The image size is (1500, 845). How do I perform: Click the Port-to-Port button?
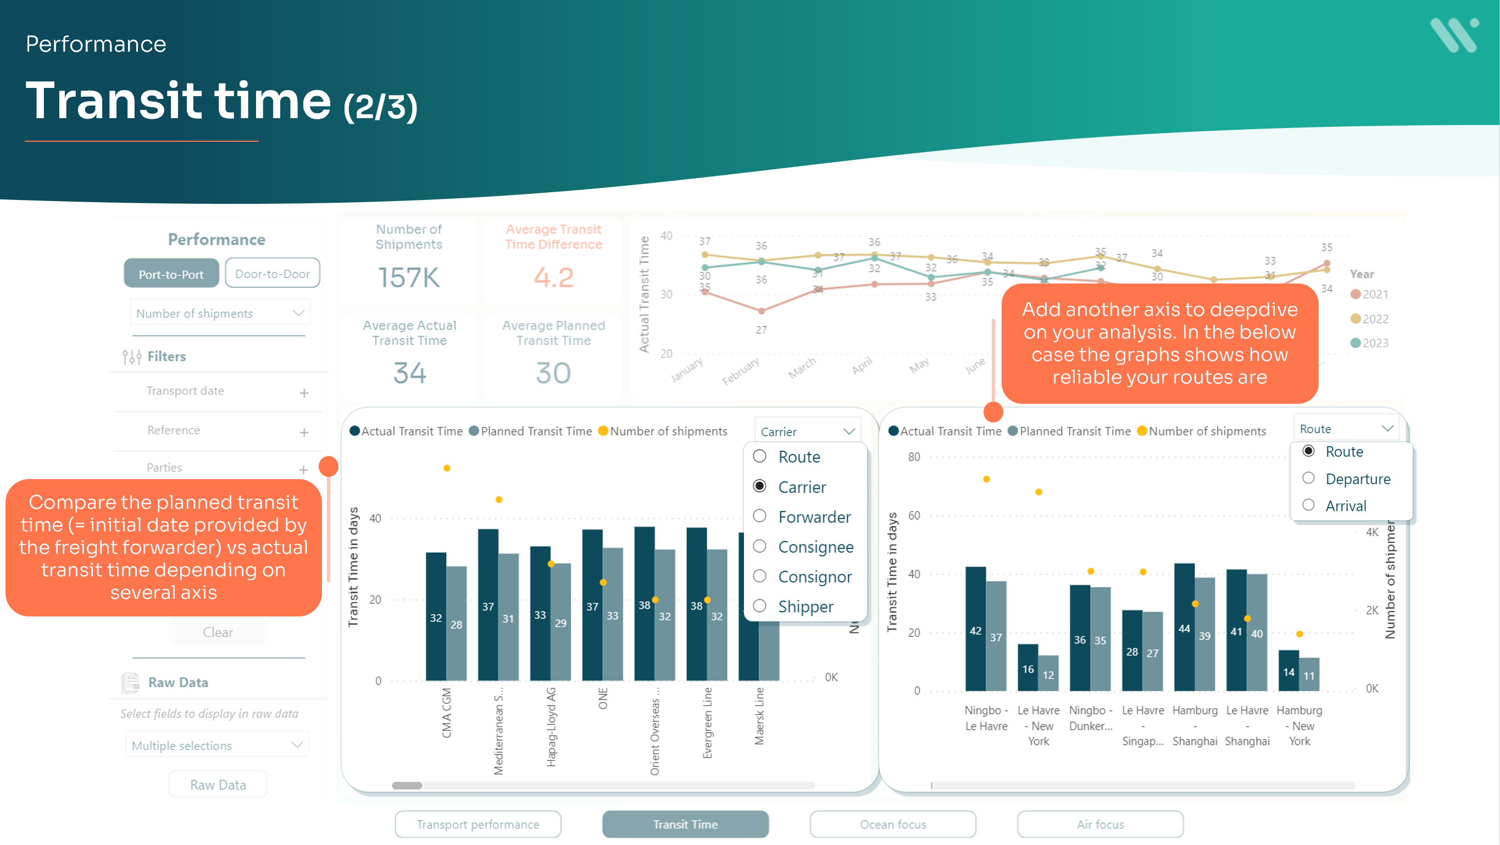pos(171,274)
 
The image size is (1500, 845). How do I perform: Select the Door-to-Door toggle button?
pos(272,274)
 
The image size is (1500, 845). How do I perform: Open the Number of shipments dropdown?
pos(220,313)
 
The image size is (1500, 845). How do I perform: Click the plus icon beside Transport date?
pos(304,393)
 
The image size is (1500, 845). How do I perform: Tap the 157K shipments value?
pos(408,277)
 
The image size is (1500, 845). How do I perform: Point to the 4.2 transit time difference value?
pos(553,277)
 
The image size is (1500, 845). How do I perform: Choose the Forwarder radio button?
pos(760,516)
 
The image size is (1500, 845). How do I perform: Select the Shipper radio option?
pos(760,605)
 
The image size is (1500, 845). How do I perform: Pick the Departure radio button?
pos(1308,478)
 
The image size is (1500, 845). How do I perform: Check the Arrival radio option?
pos(1308,505)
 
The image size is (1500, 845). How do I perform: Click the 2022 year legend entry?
pos(1369,319)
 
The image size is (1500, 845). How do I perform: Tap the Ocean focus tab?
pos(892,824)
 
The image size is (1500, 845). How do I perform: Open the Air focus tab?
pos(1099,824)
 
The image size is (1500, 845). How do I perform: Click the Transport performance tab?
pos(477,824)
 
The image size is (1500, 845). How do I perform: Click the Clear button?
pos(218,632)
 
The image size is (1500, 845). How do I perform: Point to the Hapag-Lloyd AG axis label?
pos(551,726)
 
